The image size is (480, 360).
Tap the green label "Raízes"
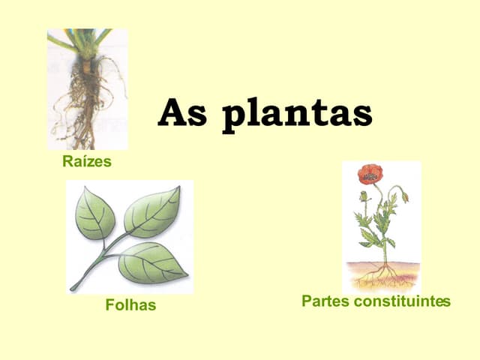[x=87, y=161]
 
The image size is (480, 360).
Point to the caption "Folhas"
[x=130, y=305]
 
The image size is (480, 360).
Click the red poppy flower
[x=370, y=174]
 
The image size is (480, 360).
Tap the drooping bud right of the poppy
[x=405, y=196]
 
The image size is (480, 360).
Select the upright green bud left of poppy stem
[x=364, y=196]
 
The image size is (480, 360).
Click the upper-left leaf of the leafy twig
[x=94, y=214]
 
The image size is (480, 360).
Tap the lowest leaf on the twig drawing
[x=152, y=262]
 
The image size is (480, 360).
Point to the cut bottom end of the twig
[x=73, y=288]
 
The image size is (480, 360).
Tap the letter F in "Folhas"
[x=109, y=305]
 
